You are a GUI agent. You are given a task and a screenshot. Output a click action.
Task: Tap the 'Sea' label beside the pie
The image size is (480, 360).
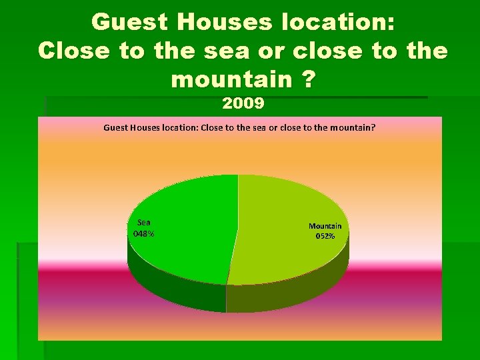coord(144,223)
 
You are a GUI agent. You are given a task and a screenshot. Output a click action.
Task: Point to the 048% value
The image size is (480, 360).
coord(144,233)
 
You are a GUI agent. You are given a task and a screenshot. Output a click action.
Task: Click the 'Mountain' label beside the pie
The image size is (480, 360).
coord(325,226)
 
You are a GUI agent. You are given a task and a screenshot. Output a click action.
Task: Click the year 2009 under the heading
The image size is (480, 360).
coord(243,104)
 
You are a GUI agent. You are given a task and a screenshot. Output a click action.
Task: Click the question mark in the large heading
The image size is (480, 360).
coord(307,80)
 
